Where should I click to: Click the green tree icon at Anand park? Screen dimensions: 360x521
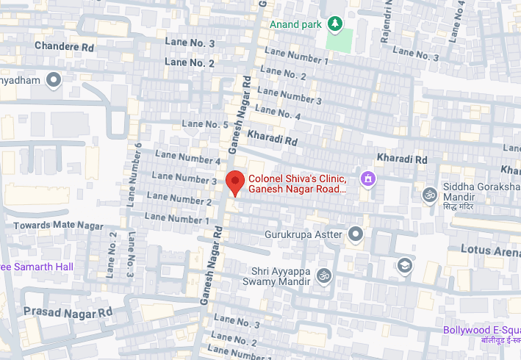point(335,24)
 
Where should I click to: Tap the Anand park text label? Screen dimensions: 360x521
point(295,24)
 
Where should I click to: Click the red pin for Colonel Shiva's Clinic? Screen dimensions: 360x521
point(234,181)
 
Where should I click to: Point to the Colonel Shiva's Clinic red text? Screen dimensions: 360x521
point(297,184)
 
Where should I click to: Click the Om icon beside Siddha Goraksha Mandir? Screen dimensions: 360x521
point(428,195)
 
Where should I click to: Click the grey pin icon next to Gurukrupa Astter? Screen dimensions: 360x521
point(356,234)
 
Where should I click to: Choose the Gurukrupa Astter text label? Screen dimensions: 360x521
point(303,234)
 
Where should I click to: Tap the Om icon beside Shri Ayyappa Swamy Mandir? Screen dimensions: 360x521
point(323,276)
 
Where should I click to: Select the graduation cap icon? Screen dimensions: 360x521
point(403,265)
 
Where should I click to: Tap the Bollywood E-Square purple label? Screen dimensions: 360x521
point(481,330)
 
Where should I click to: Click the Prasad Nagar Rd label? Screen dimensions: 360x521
point(67,312)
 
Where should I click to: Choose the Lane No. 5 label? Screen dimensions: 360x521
point(205,124)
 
